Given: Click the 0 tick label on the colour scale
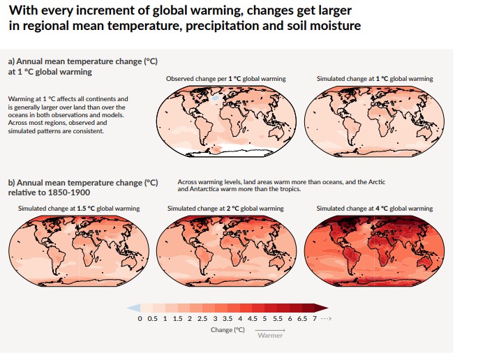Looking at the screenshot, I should click(x=140, y=318).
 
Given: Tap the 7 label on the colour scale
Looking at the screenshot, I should click(x=315, y=318).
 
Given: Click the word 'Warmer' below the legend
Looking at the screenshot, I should click(x=269, y=336).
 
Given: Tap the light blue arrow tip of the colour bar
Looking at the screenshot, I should click(x=133, y=307).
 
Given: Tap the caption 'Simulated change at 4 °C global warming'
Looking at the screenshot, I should click(x=374, y=209).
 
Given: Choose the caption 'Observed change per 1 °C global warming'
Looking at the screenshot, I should click(x=225, y=79).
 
